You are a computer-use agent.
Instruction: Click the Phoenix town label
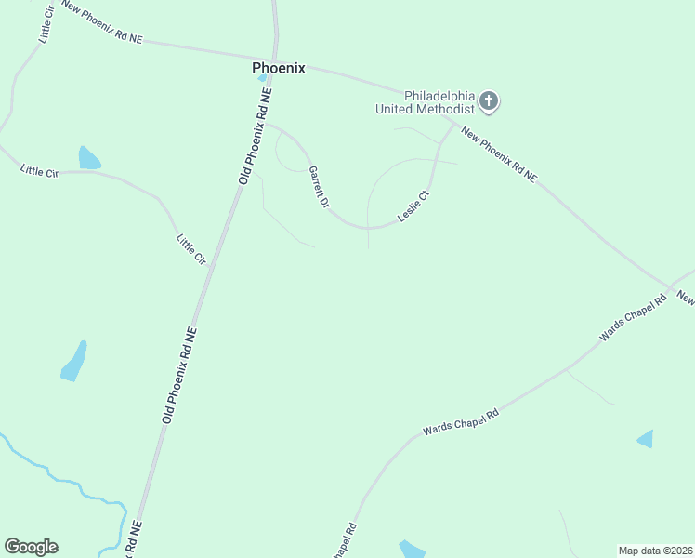pyautogui.click(x=278, y=68)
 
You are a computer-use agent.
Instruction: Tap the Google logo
pyautogui.click(x=31, y=547)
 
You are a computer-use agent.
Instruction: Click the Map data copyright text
pyautogui.click(x=655, y=551)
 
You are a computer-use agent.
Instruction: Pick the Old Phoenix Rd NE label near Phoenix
pyautogui.click(x=256, y=136)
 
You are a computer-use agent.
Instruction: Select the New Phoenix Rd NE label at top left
pyautogui.click(x=102, y=21)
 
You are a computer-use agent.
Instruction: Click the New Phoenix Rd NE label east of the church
pyautogui.click(x=499, y=154)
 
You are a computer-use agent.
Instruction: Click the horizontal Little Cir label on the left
pyautogui.click(x=39, y=170)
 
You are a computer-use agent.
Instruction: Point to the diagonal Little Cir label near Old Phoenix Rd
pyautogui.click(x=190, y=247)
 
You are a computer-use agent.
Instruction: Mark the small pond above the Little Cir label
pyautogui.click(x=88, y=158)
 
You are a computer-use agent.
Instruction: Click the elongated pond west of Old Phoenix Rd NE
pyautogui.click(x=74, y=362)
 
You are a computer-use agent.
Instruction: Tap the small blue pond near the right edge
pyautogui.click(x=646, y=439)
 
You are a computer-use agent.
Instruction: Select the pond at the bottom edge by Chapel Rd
pyautogui.click(x=412, y=550)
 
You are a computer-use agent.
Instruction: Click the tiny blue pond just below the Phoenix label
pyautogui.click(x=263, y=78)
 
